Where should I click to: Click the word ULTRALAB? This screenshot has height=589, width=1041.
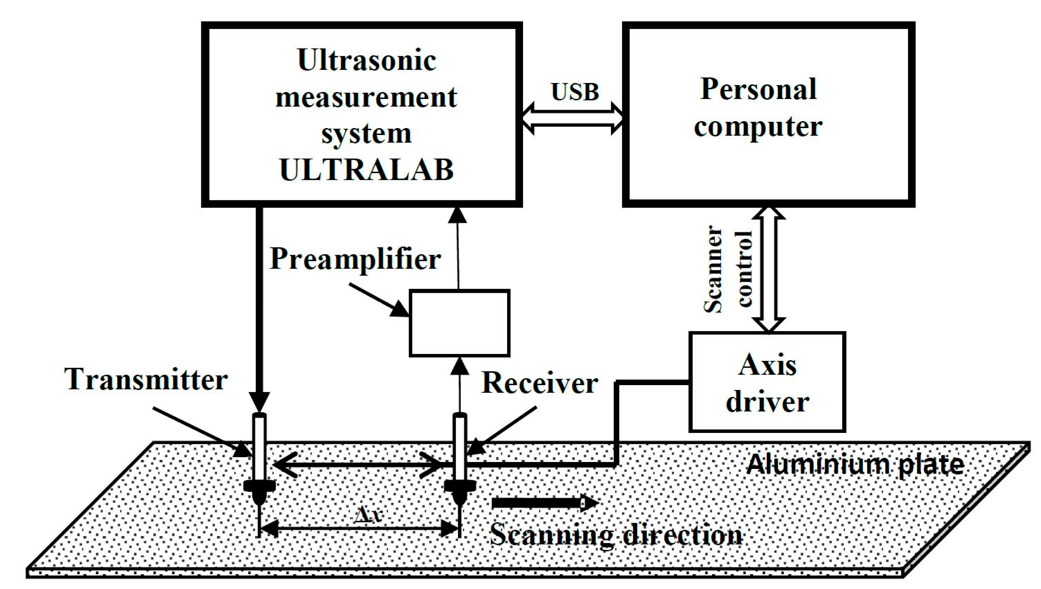point(366,170)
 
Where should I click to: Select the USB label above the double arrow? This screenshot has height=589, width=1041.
point(575,92)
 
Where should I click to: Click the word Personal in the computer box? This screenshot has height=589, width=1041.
point(758,89)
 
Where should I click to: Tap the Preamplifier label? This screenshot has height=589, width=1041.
point(355,259)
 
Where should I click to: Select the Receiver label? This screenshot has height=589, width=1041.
point(540,383)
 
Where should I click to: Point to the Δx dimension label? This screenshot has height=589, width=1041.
point(367,515)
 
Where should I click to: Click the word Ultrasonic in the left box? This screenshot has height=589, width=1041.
point(367,61)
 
